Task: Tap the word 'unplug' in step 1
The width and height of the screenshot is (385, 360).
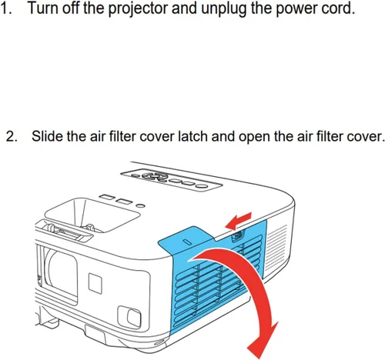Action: point(223,9)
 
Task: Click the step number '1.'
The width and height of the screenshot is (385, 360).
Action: point(6,8)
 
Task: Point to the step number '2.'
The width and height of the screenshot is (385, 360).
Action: point(12,136)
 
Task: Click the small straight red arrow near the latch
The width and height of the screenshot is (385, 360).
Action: point(238,221)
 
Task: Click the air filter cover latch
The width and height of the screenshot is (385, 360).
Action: point(237,236)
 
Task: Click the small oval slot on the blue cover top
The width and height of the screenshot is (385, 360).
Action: point(188,242)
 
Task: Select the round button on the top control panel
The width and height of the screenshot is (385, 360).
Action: point(202,186)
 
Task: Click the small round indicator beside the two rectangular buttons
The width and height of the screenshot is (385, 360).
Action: point(140,205)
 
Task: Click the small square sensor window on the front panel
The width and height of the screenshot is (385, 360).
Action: point(95,283)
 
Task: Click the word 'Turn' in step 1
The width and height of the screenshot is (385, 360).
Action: point(42,8)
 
